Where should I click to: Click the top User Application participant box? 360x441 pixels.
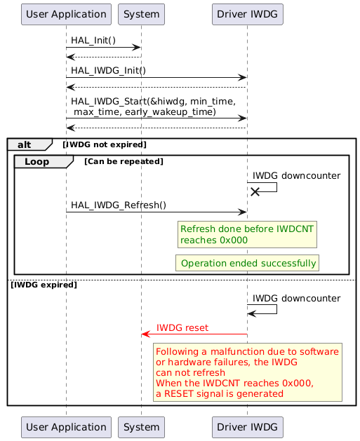tap(66, 13)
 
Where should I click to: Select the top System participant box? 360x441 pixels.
tap(141, 13)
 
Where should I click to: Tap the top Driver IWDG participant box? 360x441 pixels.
tap(247, 13)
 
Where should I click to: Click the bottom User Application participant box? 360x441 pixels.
tap(66, 426)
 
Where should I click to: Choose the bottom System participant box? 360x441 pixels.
tap(141, 426)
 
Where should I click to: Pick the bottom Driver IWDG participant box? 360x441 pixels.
tap(247, 426)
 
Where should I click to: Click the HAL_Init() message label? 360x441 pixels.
tap(93, 41)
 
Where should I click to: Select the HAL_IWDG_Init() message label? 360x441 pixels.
tap(108, 70)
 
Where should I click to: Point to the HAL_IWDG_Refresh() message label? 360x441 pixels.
tap(118, 205)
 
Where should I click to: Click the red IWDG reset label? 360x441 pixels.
tap(182, 327)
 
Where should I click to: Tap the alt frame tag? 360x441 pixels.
tap(28, 144)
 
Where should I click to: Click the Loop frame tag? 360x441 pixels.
tap(41, 161)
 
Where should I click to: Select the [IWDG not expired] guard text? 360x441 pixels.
tap(105, 144)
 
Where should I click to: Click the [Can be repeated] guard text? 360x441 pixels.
tap(124, 161)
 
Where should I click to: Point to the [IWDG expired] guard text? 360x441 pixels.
tap(44, 285)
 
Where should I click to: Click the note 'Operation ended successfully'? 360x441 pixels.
tap(248, 263)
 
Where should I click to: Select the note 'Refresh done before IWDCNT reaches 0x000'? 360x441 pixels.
tap(247, 234)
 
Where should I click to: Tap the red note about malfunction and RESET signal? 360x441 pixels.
tap(248, 372)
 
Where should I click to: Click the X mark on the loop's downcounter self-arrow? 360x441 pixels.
tap(255, 191)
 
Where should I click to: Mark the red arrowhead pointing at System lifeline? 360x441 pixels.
tap(145, 334)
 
